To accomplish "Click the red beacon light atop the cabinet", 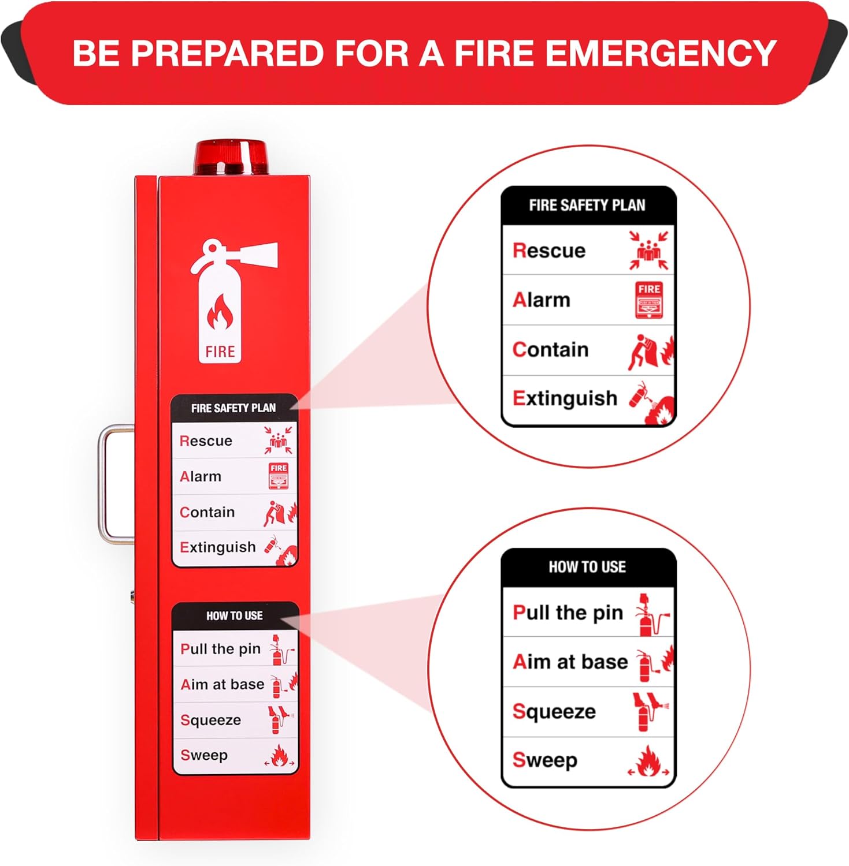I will (231, 156).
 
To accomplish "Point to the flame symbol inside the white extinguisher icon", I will (220, 313).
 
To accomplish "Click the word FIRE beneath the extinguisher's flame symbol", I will (220, 352).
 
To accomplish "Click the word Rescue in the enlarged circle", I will (549, 251).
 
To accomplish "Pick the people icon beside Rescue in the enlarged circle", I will (649, 251).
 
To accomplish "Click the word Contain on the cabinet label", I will (207, 512).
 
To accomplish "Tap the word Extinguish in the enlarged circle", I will (565, 398).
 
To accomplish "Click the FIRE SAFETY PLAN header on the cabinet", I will (233, 408).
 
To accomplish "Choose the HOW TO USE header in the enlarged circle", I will (587, 567).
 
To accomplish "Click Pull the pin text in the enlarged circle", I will (568, 613).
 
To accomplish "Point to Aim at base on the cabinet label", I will (223, 685).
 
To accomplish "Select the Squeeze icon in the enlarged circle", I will (649, 711).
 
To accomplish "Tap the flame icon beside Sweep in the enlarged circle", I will (648, 762).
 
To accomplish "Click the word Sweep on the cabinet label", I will (204, 755).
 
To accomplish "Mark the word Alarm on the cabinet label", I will (201, 477).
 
